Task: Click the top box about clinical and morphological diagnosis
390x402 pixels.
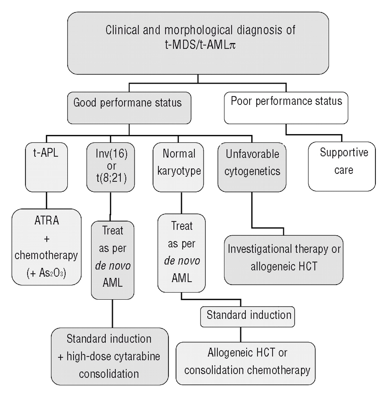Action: coord(198,43)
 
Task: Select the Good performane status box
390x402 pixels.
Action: coord(129,108)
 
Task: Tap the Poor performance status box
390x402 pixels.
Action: coord(286,108)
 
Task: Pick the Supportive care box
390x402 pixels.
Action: coord(342,166)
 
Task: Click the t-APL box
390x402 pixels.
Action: coord(46,167)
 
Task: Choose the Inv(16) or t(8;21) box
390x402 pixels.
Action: coord(111,167)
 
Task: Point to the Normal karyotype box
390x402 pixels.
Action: coord(178,167)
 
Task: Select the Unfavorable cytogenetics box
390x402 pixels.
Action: coord(252,167)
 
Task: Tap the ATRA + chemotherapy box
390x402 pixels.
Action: coord(47,247)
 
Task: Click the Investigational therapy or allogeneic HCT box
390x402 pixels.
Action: coord(283,260)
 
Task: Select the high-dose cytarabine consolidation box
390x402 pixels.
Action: coord(110,356)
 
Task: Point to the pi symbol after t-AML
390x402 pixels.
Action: coord(232,45)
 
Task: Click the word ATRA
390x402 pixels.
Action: coord(47,221)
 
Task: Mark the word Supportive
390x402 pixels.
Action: coord(344,153)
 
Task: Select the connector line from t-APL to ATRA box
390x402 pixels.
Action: coord(47,200)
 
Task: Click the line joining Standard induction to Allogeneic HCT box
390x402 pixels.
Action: coord(241,334)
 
